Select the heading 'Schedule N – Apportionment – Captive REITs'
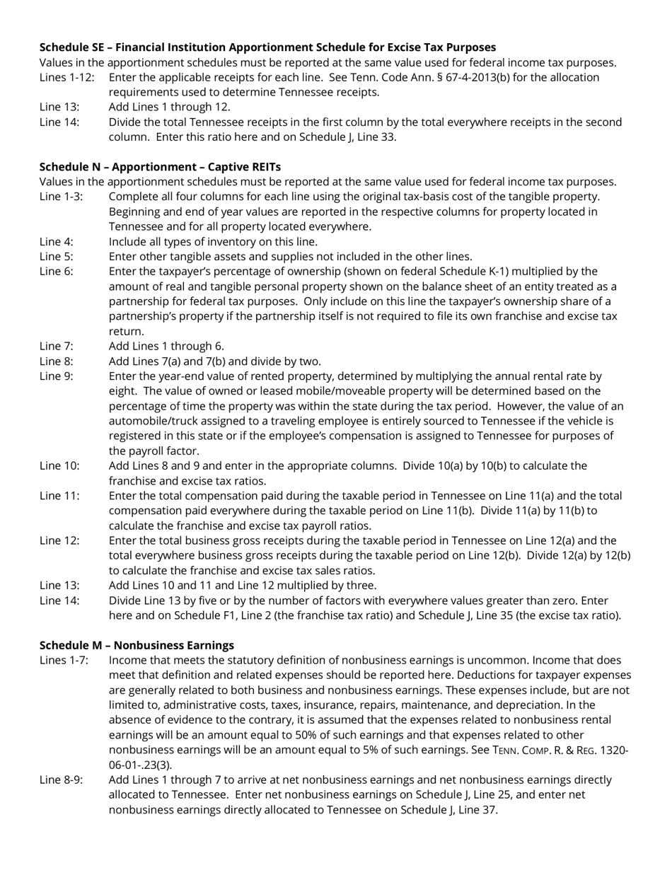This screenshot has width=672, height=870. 160,167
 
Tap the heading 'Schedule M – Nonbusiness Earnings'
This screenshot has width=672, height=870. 137,645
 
